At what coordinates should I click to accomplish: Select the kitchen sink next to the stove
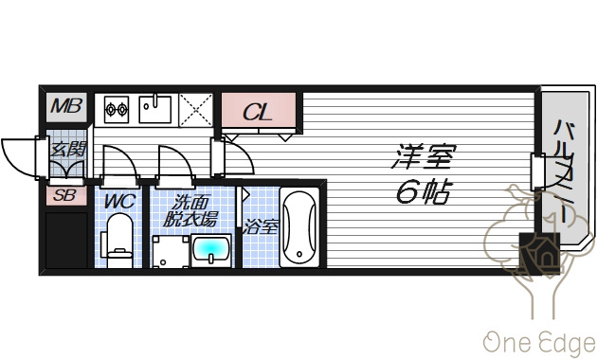coord(155,109)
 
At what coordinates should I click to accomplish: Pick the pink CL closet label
coord(258,112)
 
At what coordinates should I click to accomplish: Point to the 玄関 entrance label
coord(68,149)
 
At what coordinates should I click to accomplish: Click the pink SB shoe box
coord(65,196)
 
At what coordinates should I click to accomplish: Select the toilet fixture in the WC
coord(118,239)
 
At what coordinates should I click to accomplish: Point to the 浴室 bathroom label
coord(260,227)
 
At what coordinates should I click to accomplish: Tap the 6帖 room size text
coord(421,192)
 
